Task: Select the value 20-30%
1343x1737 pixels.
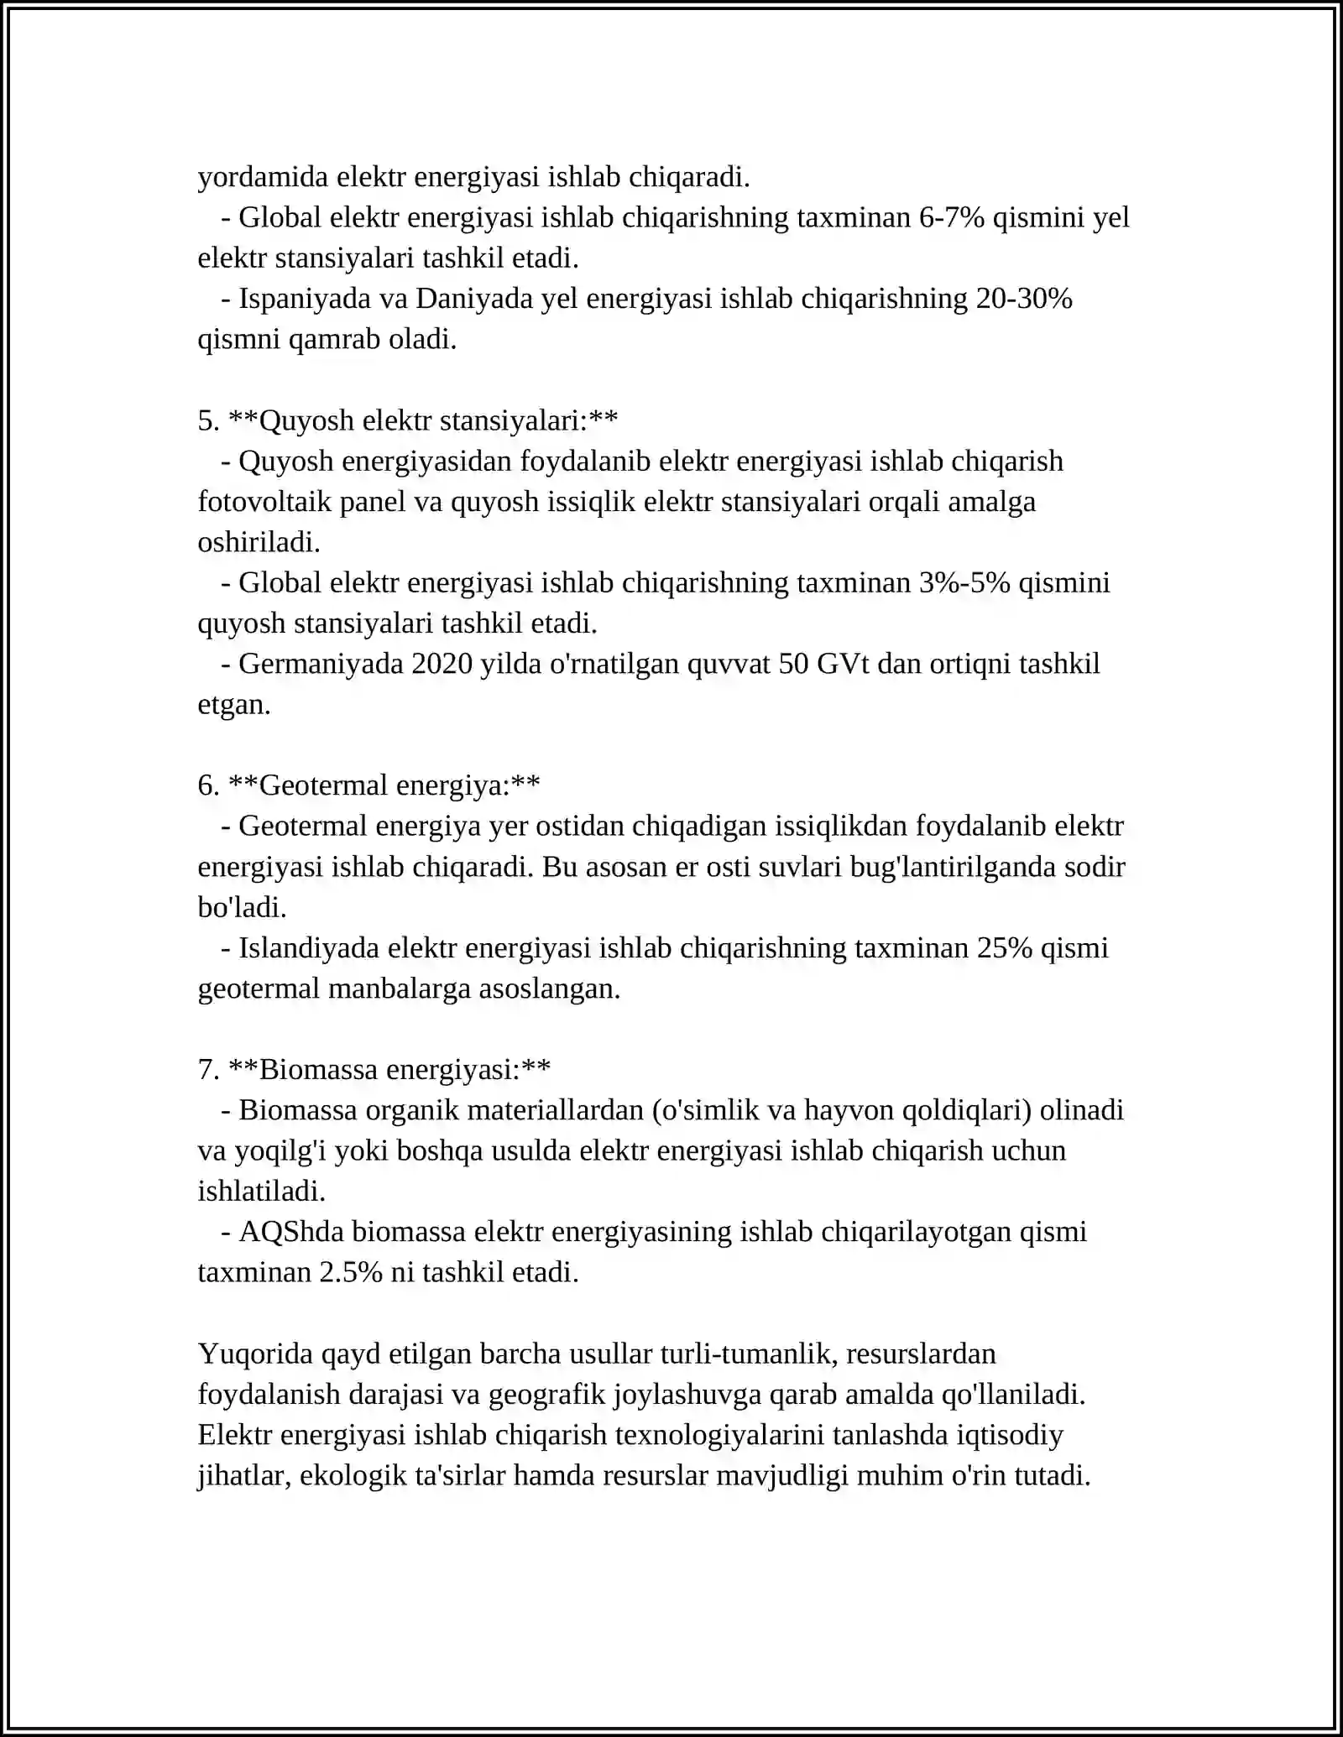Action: pyautogui.click(x=1024, y=299)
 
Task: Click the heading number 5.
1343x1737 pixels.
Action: pyautogui.click(x=206, y=420)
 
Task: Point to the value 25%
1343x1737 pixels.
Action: pyautogui.click(x=1004, y=948)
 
